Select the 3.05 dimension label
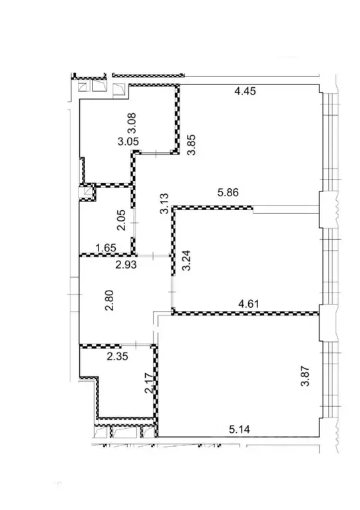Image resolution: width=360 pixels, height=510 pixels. (128, 142)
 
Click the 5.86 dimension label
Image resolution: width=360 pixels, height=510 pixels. (228, 193)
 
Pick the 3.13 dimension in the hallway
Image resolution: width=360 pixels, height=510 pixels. (164, 201)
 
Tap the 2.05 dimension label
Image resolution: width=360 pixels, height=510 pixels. (121, 219)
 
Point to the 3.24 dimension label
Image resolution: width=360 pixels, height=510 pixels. (187, 259)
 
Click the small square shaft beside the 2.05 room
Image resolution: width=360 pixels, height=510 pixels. (87, 192)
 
